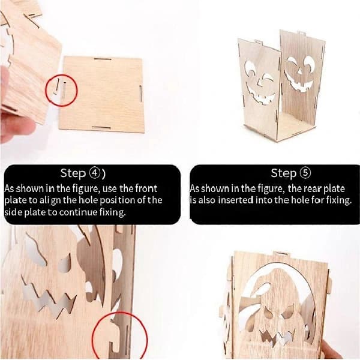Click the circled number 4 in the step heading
click(94, 173)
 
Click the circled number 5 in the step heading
click(305, 173)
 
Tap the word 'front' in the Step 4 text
click(146, 188)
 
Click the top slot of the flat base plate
click(103, 59)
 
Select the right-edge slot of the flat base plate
click(140, 93)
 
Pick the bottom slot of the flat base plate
click(101, 128)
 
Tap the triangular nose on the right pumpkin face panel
click(299, 70)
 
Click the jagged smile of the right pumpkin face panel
click(298, 83)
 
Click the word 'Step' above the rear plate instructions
click(283, 173)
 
